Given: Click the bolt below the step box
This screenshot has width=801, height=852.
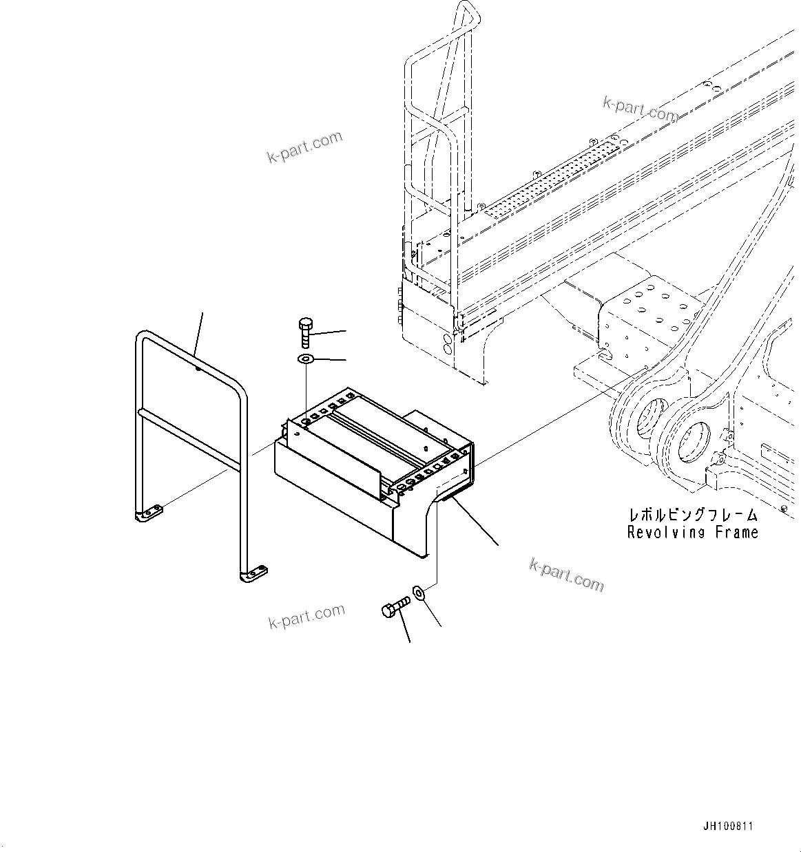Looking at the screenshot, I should pos(395,608).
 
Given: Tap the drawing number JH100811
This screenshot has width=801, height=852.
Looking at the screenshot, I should pos(729,824).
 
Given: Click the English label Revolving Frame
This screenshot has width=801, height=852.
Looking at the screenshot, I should pos(692,532).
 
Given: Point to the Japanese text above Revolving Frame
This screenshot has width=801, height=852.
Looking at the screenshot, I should pos(692,515).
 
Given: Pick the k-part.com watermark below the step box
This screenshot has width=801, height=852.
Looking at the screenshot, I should pos(566,575).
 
